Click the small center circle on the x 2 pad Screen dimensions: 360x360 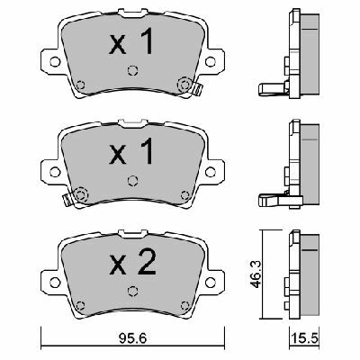pyautogui.click(x=132, y=290)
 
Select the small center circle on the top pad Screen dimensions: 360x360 pyautogui.click(x=132, y=72)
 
